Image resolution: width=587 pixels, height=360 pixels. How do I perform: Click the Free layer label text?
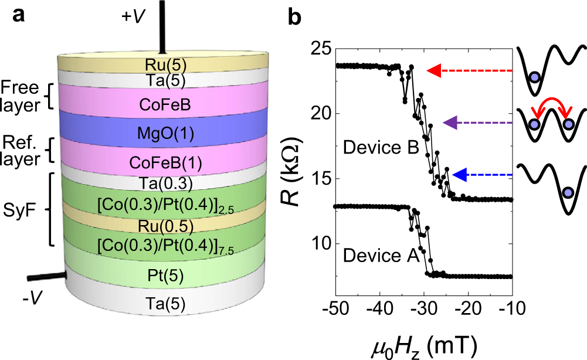click(23, 96)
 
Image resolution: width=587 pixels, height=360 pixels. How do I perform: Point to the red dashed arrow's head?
click(433, 71)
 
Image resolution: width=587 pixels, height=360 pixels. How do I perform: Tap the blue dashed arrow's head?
click(459, 175)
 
